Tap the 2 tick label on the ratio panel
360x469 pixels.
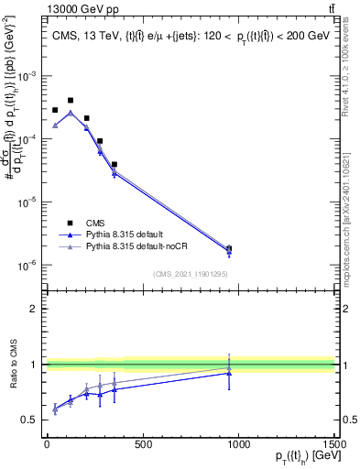pyautogui.click(x=33, y=309)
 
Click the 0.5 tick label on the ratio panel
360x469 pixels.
pyautogui.click(x=29, y=420)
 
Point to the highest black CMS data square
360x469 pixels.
pyautogui.click(x=71, y=100)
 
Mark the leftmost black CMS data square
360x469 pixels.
pyautogui.click(x=55, y=110)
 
